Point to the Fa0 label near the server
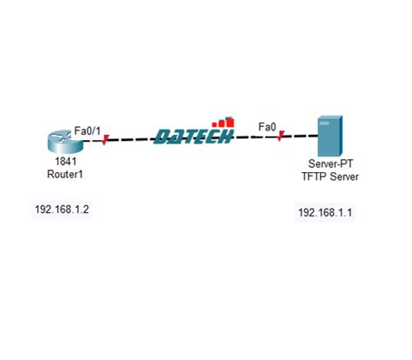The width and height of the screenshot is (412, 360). coord(268,127)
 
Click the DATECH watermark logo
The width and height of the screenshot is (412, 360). coord(193,136)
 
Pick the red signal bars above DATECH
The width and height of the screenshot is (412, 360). coord(224,121)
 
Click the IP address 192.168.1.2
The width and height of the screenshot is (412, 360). coord(62,210)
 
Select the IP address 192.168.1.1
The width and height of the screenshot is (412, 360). coord(327,212)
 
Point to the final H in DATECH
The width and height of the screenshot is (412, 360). coord(224,137)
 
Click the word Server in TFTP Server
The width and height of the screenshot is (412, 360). coord(340,177)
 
